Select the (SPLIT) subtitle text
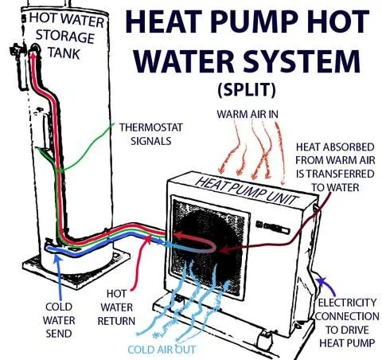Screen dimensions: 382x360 pos(247,90)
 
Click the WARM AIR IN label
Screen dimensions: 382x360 pos(248,114)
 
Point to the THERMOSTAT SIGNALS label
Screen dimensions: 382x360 pos(151,134)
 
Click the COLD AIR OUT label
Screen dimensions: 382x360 pos(162,350)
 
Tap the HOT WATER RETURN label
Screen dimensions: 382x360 pos(116,307)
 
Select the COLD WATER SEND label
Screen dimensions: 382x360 pos(59,320)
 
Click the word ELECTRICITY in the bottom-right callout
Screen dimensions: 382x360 pos(347,303)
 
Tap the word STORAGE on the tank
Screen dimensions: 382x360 pos(64,36)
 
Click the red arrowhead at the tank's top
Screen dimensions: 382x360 pos(33,55)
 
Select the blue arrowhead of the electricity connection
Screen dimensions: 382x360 pos(322,281)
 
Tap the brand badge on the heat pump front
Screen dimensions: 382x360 pos(272,227)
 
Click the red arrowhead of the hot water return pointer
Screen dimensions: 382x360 pos(147,238)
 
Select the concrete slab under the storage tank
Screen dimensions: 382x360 pos(76,268)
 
